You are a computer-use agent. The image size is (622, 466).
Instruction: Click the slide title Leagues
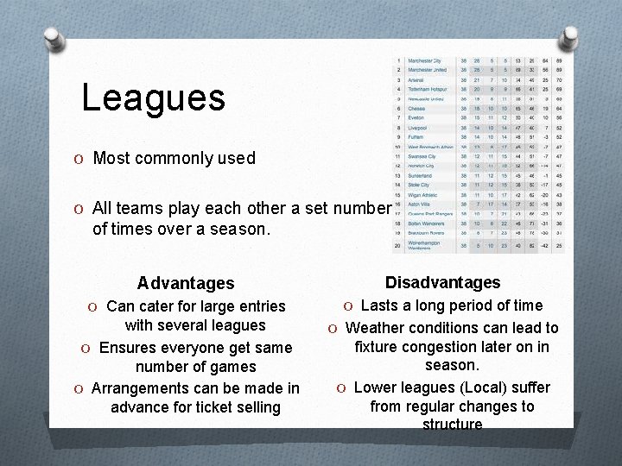coord(153,98)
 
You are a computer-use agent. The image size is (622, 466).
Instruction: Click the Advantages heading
coord(185,283)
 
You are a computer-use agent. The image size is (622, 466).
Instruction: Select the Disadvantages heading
coord(442,282)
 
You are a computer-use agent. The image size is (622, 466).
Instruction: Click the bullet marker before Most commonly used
coord(79,159)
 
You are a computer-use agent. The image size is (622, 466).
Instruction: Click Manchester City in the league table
coord(424,61)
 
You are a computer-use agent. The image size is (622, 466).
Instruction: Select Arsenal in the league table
coord(416,80)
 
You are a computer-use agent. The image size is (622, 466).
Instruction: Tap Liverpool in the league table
coord(418,128)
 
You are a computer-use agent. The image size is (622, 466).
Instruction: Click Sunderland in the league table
coord(421,175)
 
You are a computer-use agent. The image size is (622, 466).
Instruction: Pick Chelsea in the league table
coord(416,109)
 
